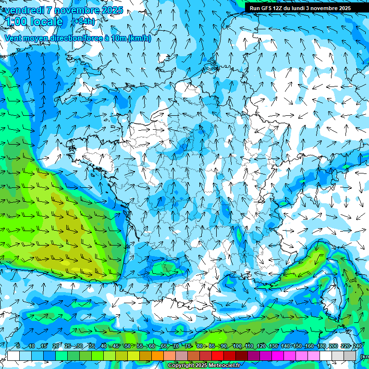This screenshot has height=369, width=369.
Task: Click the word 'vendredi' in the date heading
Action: pos(24,10)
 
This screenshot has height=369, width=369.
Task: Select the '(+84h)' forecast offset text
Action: pos(83,21)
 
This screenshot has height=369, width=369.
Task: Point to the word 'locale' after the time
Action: pos(46,22)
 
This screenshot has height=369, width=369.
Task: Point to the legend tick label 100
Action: pos(237,346)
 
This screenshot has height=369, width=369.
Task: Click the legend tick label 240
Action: pos(357,346)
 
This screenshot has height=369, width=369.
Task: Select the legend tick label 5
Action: pos(18,346)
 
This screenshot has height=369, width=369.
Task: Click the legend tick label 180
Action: pos(321,346)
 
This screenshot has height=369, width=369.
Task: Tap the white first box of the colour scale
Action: pos(13,356)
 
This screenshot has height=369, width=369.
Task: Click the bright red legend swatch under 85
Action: pos(218,356)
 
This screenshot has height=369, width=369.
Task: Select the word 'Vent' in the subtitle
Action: pos(13,38)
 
